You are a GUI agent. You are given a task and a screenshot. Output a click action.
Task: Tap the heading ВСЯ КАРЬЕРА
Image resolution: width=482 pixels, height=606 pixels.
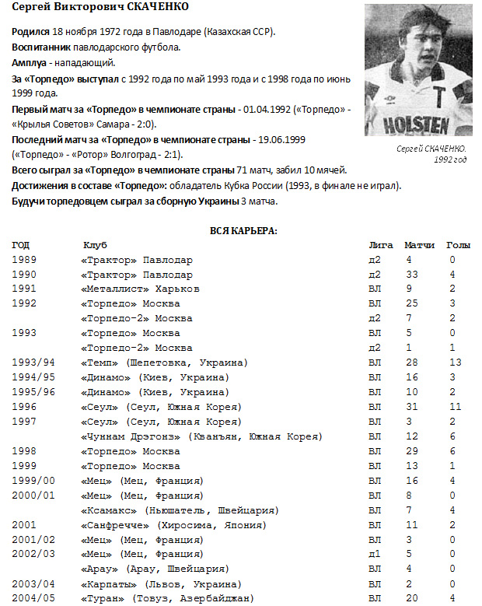pyautogui.click(x=244, y=230)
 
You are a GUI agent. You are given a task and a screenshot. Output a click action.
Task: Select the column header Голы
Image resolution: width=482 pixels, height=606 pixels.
pyautogui.click(x=458, y=245)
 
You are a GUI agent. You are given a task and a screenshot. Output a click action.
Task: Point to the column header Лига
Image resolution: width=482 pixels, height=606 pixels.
pyautogui.click(x=381, y=245)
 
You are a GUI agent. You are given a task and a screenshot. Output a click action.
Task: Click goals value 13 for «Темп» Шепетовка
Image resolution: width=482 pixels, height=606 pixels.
pyautogui.click(x=456, y=363)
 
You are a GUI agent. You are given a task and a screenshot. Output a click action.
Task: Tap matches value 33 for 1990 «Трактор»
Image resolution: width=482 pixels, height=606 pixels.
pyautogui.click(x=413, y=275)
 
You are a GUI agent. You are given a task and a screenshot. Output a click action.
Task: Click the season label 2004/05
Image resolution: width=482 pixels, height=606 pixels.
pyautogui.click(x=34, y=597)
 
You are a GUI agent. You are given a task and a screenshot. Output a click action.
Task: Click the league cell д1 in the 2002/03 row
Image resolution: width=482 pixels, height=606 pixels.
pyautogui.click(x=375, y=554)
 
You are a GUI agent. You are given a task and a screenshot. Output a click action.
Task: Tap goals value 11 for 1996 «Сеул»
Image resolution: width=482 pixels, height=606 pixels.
pyautogui.click(x=456, y=408)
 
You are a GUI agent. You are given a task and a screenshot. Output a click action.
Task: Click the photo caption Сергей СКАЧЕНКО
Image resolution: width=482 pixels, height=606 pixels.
pyautogui.click(x=430, y=148)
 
